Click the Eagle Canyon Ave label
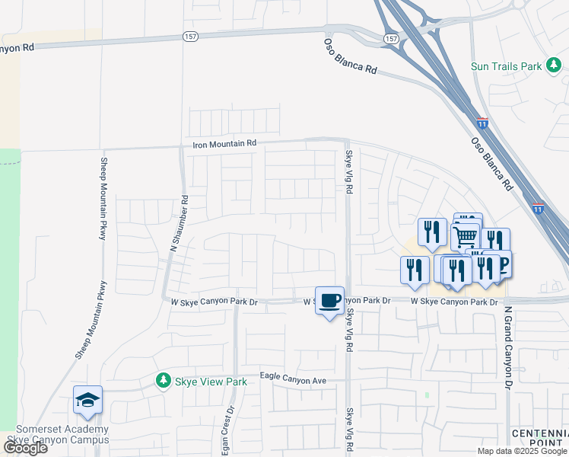pos(293,378)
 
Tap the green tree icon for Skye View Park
pos(163,380)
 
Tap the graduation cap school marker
pos(87,400)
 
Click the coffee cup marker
pos(329,300)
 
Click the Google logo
pos(26,447)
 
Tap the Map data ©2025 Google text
pos(522,451)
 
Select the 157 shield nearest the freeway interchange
pos(391,38)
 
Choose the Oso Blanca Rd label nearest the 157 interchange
pos(351,56)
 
